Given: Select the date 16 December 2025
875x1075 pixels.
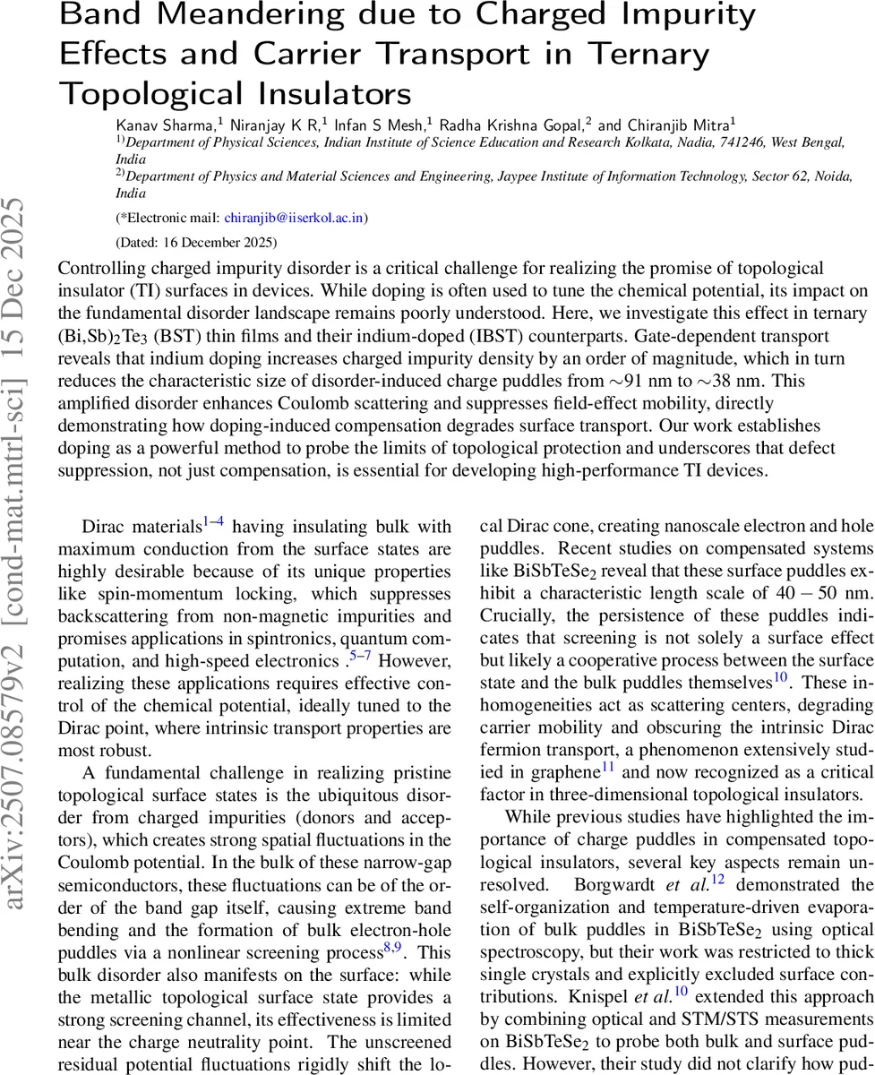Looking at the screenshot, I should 227,242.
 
